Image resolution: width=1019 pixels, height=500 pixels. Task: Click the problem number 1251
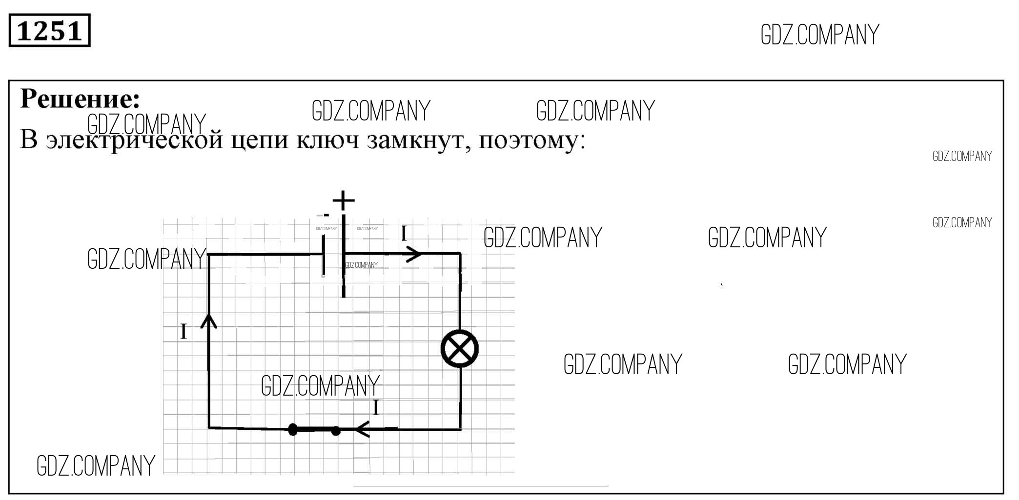click(x=49, y=31)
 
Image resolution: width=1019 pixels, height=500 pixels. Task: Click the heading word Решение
click(x=80, y=99)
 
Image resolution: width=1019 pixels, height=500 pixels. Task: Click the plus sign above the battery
click(x=344, y=200)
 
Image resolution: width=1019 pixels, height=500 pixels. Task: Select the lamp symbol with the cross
click(x=460, y=349)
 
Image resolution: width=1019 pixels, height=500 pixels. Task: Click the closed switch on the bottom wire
click(x=314, y=430)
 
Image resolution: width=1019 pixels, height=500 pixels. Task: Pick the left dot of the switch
click(x=293, y=429)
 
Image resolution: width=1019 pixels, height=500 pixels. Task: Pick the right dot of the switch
click(x=336, y=431)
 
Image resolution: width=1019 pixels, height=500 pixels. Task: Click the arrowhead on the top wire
click(x=414, y=254)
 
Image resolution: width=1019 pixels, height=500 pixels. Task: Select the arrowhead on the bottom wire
click(x=362, y=430)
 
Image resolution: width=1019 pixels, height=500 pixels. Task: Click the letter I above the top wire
click(x=404, y=234)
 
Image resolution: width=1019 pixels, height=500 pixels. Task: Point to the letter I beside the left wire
click(x=183, y=332)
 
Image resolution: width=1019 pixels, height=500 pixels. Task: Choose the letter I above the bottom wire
click(x=376, y=407)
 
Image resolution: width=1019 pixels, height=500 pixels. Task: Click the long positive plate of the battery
click(x=344, y=256)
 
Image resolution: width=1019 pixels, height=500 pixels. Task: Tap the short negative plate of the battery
click(x=324, y=256)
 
